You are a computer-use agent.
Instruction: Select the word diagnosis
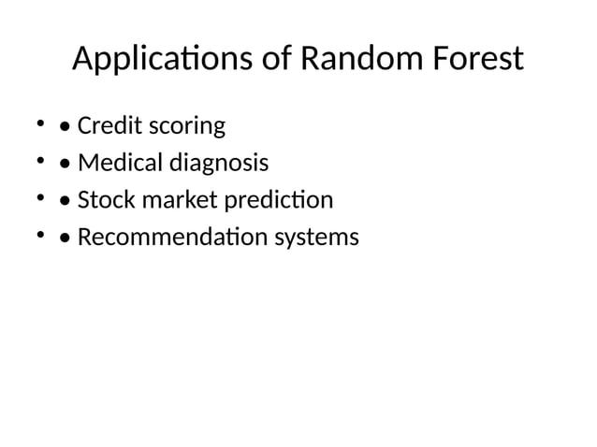click(x=218, y=165)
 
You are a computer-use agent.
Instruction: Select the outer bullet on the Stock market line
click(x=40, y=197)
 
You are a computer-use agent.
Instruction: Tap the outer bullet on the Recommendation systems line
click(x=40, y=235)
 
